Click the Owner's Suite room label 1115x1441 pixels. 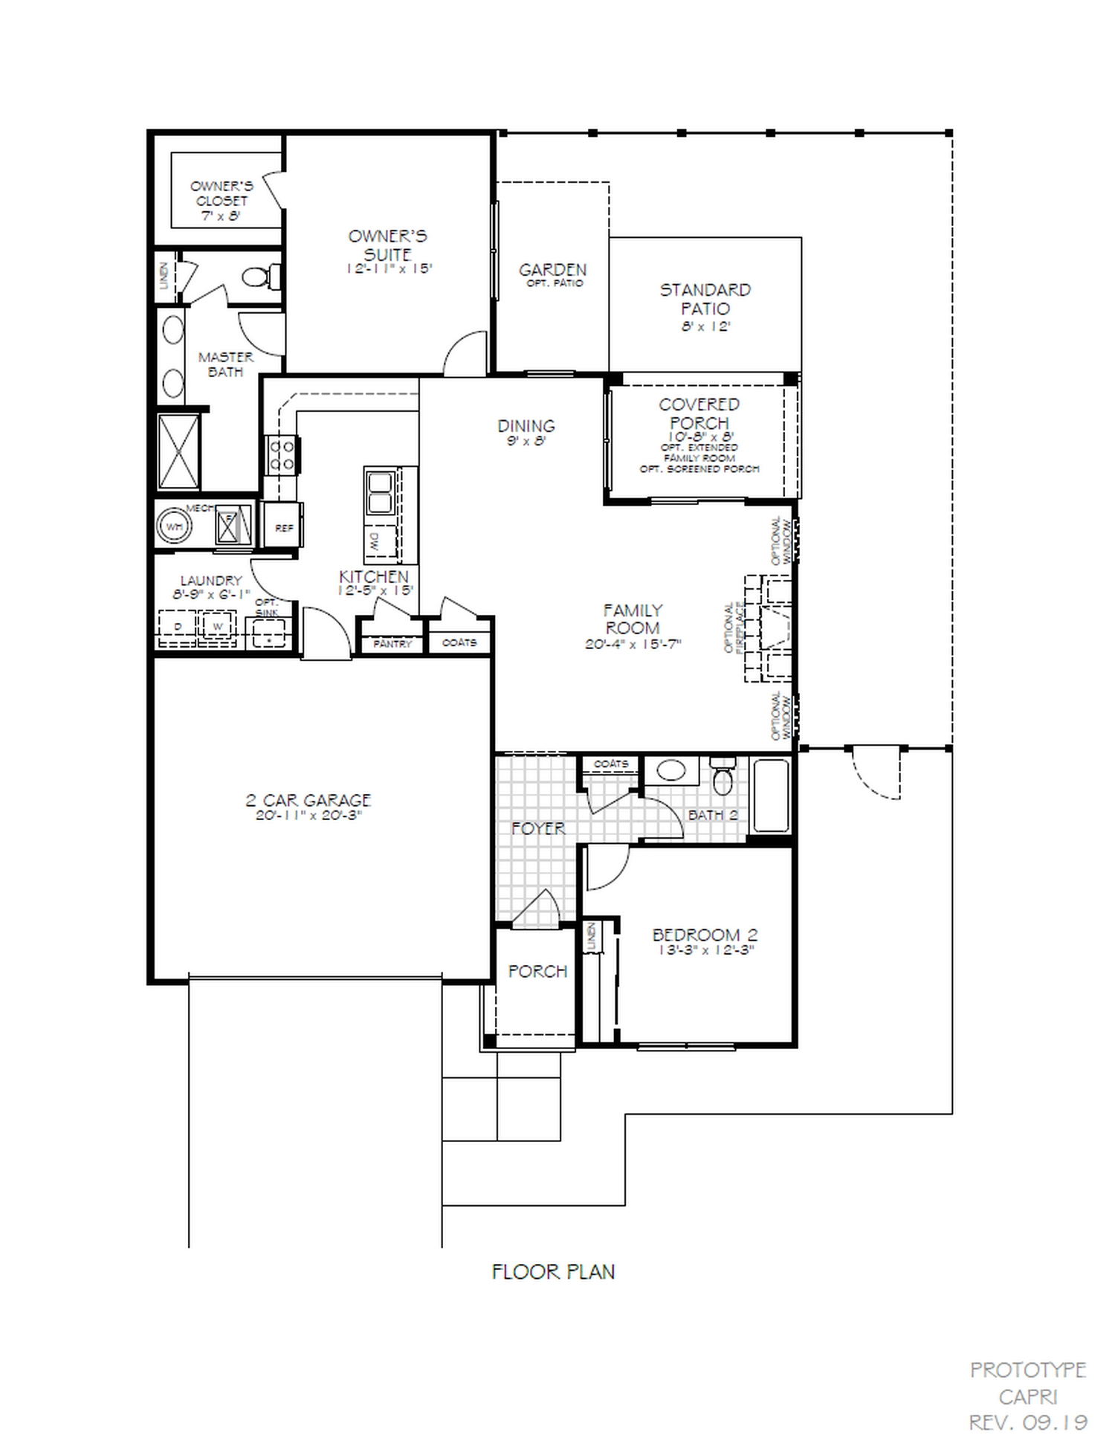(387, 245)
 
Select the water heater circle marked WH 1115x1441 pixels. (174, 526)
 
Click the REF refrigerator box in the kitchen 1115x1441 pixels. (283, 527)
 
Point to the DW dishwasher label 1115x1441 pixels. (374, 544)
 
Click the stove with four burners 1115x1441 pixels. (282, 455)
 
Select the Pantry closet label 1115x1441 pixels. (392, 643)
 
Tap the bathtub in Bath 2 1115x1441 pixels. (771, 795)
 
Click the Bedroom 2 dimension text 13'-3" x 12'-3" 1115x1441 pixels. (704, 950)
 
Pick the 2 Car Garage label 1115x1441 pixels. (308, 801)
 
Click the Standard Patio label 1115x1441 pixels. (705, 299)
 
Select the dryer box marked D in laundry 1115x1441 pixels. (178, 628)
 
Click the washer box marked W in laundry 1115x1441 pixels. (218, 627)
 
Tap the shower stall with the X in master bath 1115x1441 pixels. (178, 451)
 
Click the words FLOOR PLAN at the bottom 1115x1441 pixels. (553, 1271)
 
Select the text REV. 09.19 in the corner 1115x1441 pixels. (1028, 1422)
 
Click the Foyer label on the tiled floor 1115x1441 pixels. (537, 828)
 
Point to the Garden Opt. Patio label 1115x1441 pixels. (552, 274)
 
